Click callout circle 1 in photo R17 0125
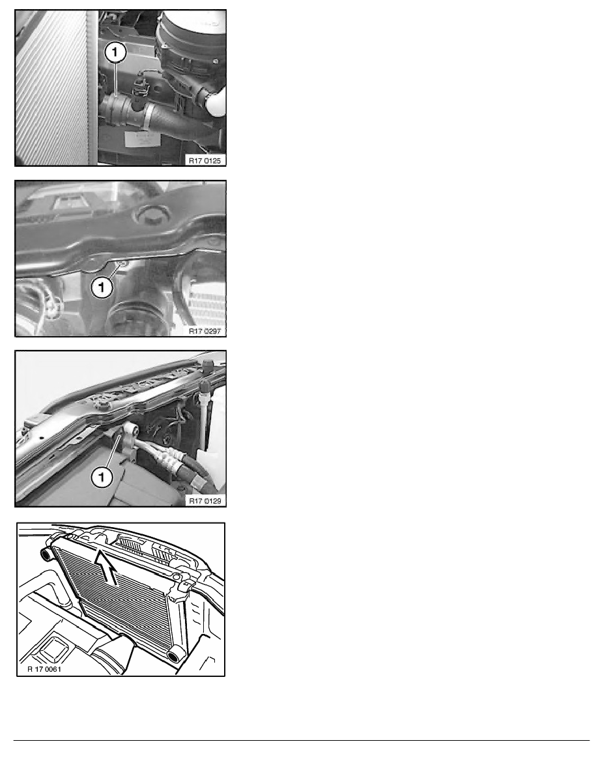pos(115,52)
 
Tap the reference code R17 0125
pos(205,160)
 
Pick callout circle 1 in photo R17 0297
pos(102,286)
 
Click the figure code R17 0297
pos(205,331)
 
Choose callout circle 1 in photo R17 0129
pos(102,477)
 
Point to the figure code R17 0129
pos(205,501)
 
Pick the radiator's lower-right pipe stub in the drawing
pos(176,655)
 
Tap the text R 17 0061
pos(44,669)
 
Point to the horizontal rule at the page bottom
pos(302,740)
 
